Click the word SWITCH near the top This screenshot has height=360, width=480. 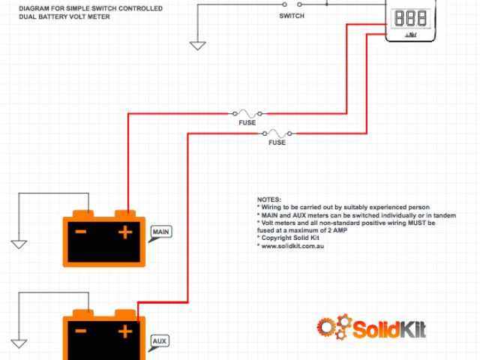pyautogui.click(x=292, y=15)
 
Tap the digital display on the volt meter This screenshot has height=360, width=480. pyautogui.click(x=410, y=18)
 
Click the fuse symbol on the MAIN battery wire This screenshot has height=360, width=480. pyautogui.click(x=247, y=113)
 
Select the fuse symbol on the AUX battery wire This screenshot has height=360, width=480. pyautogui.click(x=277, y=133)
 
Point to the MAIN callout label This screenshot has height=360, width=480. pyautogui.click(x=160, y=232)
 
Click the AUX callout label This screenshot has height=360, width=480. pyautogui.click(x=160, y=342)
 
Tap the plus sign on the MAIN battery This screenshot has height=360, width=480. pyautogui.click(x=125, y=232)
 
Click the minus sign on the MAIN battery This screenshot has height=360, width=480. pyautogui.click(x=81, y=232)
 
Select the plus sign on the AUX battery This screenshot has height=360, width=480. pyautogui.click(x=125, y=331)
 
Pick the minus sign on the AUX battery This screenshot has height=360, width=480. pyautogui.click(x=81, y=331)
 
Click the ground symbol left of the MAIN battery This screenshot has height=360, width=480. pyautogui.click(x=19, y=244)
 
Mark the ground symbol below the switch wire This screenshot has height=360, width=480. pyautogui.click(x=197, y=45)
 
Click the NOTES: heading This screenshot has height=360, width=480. pyautogui.click(x=268, y=199)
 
